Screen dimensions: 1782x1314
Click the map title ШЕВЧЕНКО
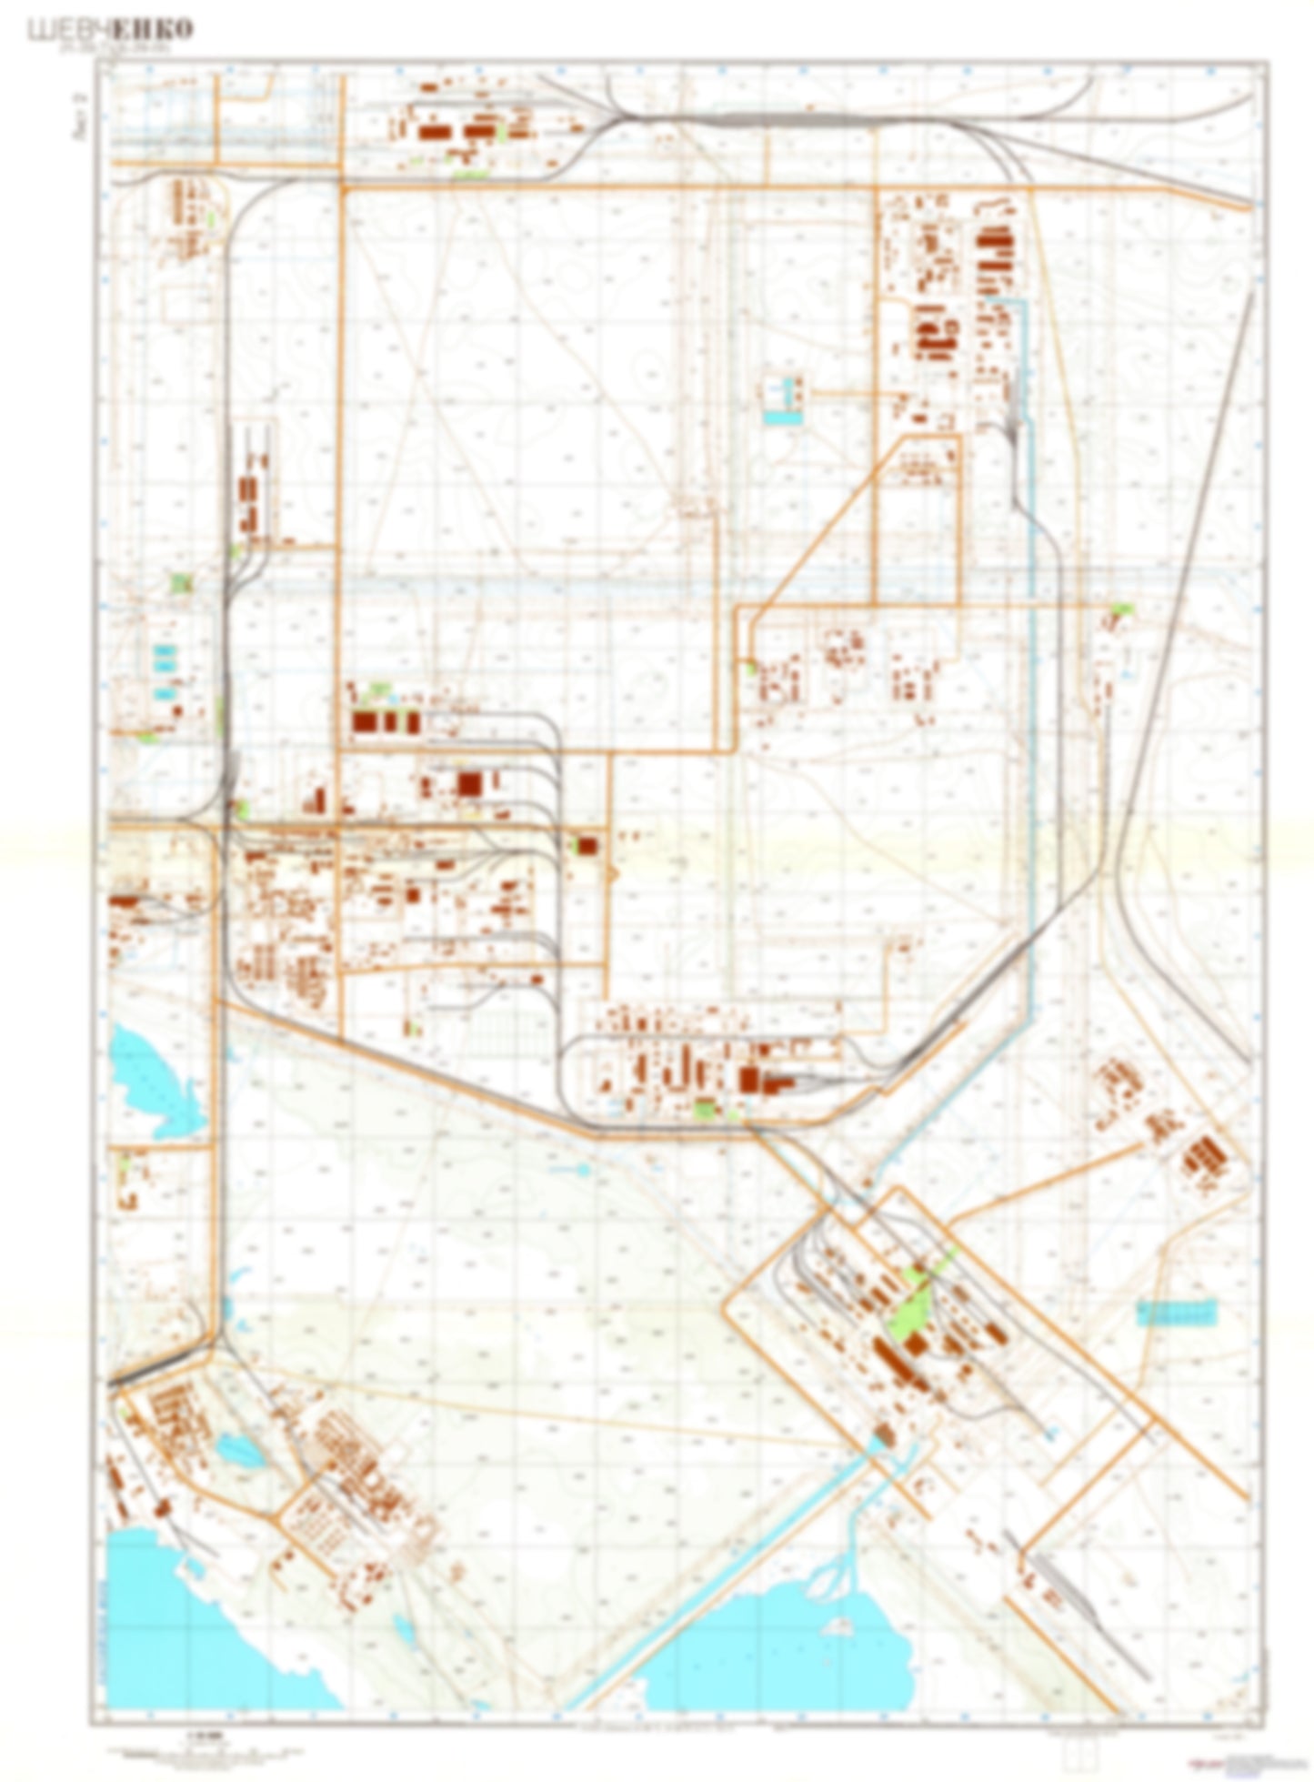111,30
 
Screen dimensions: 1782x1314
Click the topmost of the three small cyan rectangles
165,650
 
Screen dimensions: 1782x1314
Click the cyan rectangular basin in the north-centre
783,418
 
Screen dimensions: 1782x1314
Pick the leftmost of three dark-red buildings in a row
365,722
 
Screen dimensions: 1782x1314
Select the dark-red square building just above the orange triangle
587,845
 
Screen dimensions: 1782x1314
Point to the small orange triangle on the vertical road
612,874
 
